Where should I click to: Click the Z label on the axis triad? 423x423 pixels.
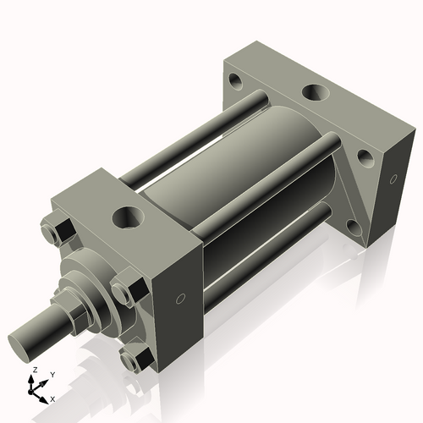click(x=34, y=371)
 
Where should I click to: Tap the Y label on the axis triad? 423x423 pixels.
click(x=52, y=374)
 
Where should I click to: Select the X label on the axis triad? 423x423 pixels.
click(x=52, y=398)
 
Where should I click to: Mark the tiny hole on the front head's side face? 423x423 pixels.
click(x=180, y=299)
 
